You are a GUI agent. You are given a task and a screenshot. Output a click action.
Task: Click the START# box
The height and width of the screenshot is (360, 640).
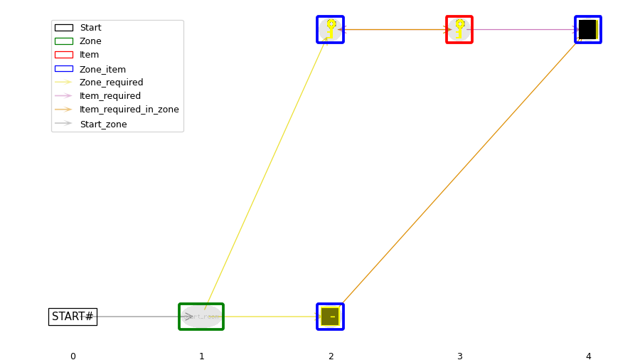(73, 317)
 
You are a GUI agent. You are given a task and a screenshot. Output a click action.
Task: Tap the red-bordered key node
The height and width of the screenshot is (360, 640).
(459, 30)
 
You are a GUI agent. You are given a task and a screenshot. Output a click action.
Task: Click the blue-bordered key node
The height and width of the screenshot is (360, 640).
(330, 30)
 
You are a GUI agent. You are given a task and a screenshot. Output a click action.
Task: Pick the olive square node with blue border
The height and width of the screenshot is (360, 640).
(330, 317)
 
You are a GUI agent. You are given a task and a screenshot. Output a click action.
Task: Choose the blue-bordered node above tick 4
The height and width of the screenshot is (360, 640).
(588, 30)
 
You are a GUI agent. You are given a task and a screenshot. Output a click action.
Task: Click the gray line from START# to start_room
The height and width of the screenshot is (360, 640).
(139, 317)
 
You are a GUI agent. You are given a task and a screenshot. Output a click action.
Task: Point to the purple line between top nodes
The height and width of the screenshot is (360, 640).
(523, 30)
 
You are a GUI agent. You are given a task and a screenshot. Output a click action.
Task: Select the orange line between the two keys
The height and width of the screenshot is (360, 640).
(395, 30)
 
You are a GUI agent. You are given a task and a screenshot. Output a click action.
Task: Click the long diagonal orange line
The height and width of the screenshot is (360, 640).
(459, 173)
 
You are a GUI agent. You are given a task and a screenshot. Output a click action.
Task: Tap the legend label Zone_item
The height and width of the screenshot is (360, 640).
(102, 69)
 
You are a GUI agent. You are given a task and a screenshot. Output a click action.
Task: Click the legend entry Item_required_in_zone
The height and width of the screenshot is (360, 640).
(129, 110)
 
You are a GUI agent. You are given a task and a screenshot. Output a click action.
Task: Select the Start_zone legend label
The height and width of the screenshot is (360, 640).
(103, 124)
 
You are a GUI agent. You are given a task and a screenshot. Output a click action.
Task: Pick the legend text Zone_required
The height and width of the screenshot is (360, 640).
(111, 83)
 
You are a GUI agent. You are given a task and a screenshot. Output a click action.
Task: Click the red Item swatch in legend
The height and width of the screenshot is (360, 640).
(63, 55)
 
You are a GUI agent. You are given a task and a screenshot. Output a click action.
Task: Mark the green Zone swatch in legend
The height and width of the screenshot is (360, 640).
(63, 41)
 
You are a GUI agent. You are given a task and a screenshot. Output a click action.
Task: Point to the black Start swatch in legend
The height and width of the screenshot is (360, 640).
(63, 28)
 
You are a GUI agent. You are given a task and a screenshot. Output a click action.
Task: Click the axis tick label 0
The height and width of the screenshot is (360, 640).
(73, 356)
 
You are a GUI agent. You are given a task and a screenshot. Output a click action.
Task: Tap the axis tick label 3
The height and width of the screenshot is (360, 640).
(459, 356)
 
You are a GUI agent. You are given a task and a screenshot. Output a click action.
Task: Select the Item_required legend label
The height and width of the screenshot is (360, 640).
(110, 96)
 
